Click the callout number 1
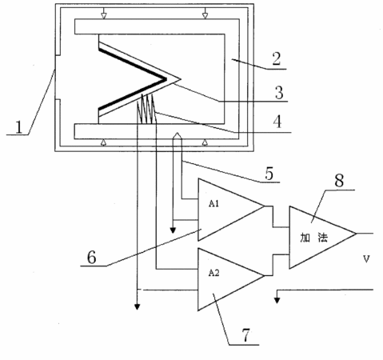pyautogui.click(x=18, y=127)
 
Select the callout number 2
pyautogui.click(x=277, y=58)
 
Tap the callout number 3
pyautogui.click(x=279, y=92)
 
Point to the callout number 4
pyautogui.click(x=277, y=122)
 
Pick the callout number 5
pyautogui.click(x=269, y=174)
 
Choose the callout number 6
pyautogui.click(x=92, y=258)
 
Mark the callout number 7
pyautogui.click(x=245, y=335)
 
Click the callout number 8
pyautogui.click(x=339, y=181)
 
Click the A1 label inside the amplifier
pyautogui.click(x=213, y=204)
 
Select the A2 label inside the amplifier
pyautogui.click(x=213, y=273)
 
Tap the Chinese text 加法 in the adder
pyautogui.click(x=313, y=238)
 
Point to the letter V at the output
pyautogui.click(x=366, y=258)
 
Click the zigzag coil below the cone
pyautogui.click(x=146, y=109)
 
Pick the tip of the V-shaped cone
pyautogui.click(x=181, y=79)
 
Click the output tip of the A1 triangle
pyautogui.click(x=265, y=206)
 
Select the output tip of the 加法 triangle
pyautogui.click(x=356, y=234)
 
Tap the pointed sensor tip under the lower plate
pyautogui.click(x=178, y=132)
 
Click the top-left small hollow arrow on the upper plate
pyautogui.click(x=104, y=16)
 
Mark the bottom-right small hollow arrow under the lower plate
pyautogui.click(x=205, y=142)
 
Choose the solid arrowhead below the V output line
pyautogui.click(x=277, y=300)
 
